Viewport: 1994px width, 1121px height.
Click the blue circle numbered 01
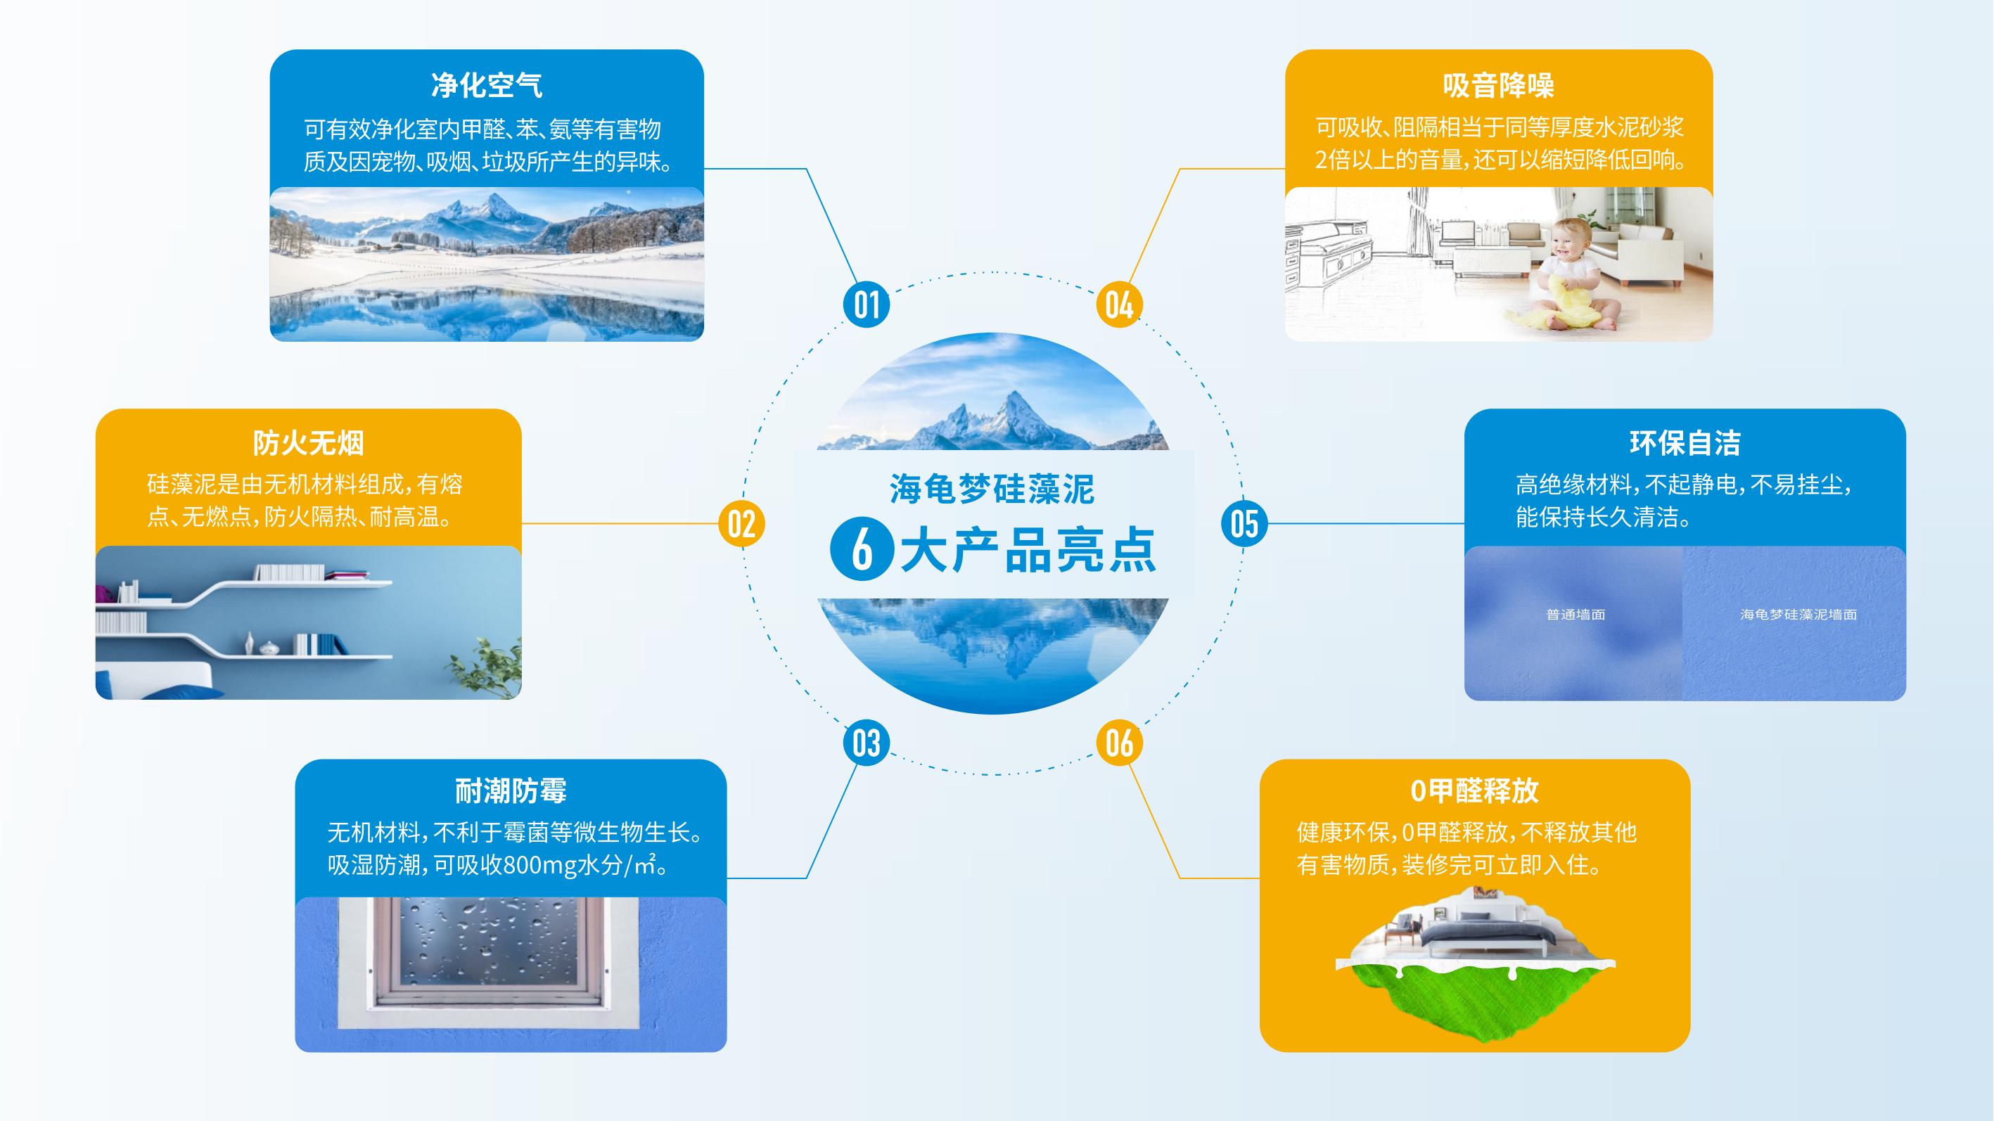point(867,305)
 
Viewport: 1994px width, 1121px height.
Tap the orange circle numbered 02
point(741,523)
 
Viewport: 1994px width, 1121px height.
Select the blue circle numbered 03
point(867,743)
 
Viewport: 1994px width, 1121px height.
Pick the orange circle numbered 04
point(1119,305)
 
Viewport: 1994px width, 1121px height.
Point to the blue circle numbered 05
point(1244,523)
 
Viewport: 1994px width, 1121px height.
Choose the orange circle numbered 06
point(1119,743)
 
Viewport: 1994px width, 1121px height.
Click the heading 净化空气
point(487,85)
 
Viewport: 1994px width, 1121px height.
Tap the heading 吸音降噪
point(1499,85)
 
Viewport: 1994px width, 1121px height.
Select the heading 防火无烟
point(308,443)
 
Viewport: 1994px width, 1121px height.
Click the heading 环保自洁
point(1685,443)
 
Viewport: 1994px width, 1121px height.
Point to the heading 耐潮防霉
point(511,791)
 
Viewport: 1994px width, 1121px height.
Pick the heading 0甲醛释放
point(1475,791)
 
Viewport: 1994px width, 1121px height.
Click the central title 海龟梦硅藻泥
point(992,489)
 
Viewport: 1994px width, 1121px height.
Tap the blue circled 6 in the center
point(862,549)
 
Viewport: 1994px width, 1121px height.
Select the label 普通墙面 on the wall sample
point(1576,615)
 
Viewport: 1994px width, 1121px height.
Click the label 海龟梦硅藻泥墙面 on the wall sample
point(1798,615)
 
